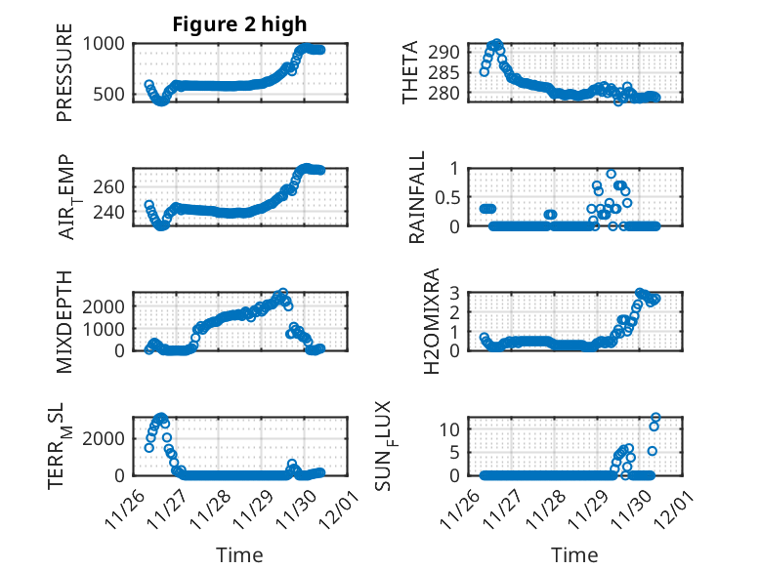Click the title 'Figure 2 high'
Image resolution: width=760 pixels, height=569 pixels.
[239, 24]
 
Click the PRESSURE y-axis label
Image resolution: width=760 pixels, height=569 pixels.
[64, 79]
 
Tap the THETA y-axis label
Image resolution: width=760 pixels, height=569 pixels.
[411, 72]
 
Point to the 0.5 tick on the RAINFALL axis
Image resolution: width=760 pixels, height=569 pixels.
[445, 196]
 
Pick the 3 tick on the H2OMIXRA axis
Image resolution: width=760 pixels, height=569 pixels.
[453, 293]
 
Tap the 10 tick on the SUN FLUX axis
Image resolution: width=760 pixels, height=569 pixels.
[448, 428]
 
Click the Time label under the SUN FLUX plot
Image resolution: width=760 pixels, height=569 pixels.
[574, 555]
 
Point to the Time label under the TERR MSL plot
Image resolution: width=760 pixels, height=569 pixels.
[238, 555]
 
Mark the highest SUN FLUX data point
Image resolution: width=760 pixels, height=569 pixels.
[655, 418]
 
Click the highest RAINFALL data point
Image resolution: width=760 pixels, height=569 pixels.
[612, 174]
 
